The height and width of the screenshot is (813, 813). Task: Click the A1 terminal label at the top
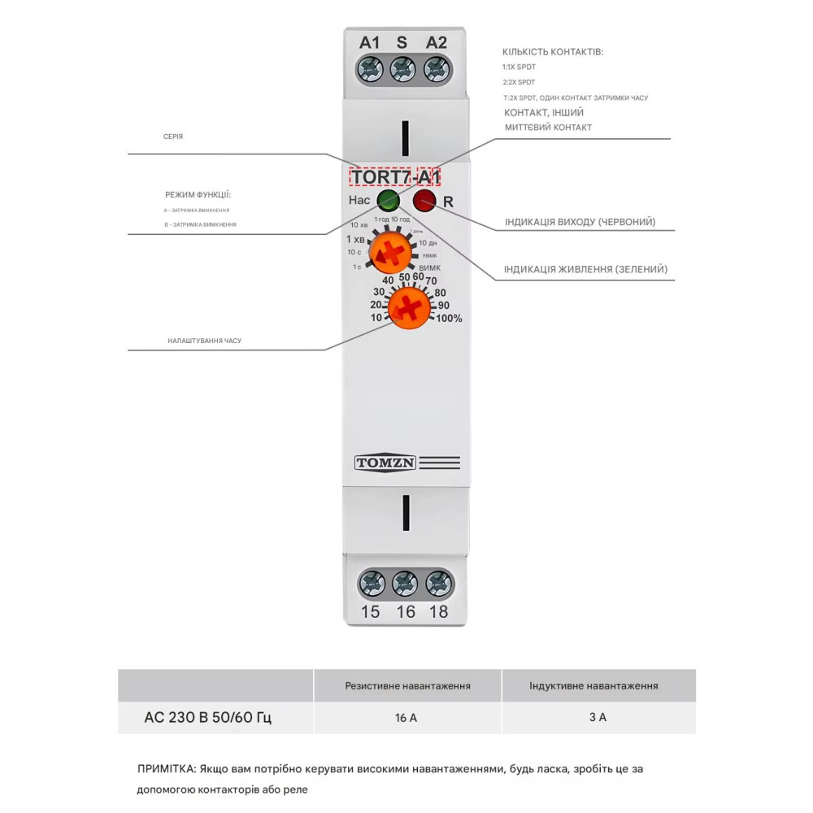[370, 42]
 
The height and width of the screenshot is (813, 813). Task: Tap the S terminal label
[402, 42]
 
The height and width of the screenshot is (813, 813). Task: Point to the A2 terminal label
[437, 42]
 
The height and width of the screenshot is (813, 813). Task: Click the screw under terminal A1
[371, 70]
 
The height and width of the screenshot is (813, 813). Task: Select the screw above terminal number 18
[439, 584]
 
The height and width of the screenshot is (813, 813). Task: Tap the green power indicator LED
[389, 200]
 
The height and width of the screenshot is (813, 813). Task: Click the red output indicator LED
[424, 200]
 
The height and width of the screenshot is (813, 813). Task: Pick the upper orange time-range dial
[389, 253]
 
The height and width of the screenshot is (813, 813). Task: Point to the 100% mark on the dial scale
[449, 319]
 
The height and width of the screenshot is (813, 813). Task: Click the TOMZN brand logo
[385, 463]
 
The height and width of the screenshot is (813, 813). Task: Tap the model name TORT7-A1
[395, 176]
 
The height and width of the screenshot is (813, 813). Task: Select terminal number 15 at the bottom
[370, 612]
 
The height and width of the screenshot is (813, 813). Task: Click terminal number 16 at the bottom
[405, 612]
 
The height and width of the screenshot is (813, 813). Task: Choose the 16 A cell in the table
[407, 718]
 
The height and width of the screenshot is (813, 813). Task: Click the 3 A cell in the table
[598, 718]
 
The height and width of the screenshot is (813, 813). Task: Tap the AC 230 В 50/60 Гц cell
[207, 718]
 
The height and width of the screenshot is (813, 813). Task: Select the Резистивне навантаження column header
[407, 685]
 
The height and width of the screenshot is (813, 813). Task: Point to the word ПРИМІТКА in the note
[167, 768]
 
